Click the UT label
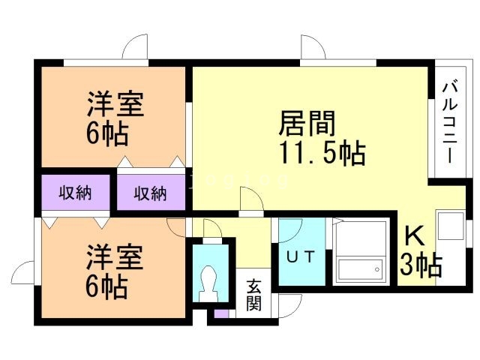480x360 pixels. (303, 255)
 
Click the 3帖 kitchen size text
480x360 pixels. (420, 265)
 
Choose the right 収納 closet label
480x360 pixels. (150, 193)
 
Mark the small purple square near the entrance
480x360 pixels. (220, 313)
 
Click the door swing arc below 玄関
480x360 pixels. (286, 307)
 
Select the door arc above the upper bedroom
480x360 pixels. (136, 46)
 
